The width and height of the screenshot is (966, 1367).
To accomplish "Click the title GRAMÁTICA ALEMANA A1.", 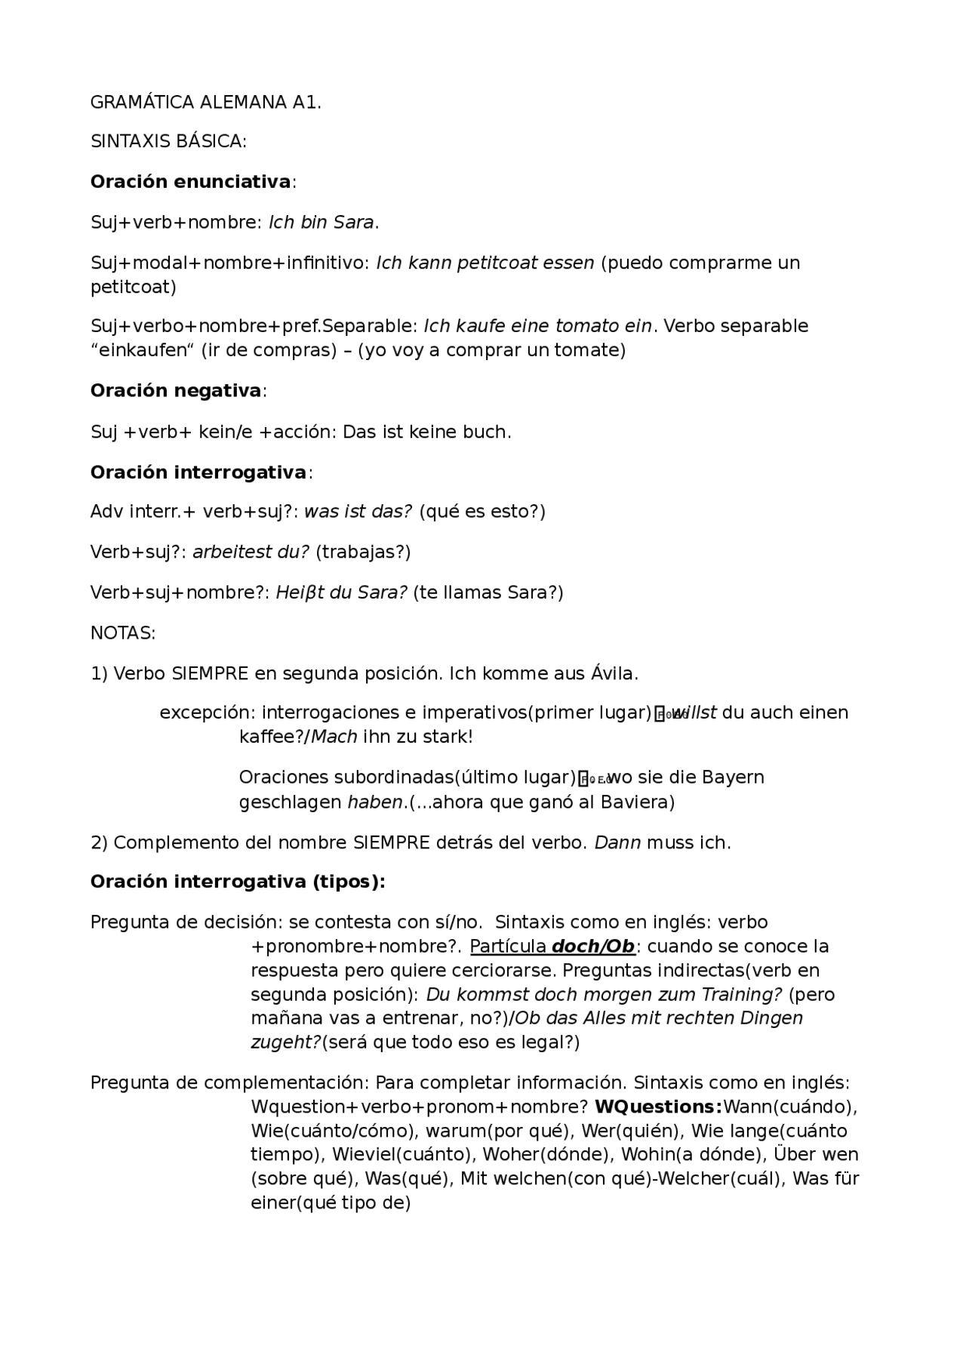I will click(x=205, y=103).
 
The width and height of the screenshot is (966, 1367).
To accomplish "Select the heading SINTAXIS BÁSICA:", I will click(x=168, y=142).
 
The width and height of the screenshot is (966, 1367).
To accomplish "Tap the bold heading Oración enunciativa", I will click(x=190, y=182).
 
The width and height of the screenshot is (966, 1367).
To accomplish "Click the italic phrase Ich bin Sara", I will click(x=322, y=223).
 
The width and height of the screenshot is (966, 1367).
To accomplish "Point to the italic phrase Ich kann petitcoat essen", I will click(x=485, y=263).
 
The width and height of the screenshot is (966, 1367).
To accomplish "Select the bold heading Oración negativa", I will click(x=176, y=391).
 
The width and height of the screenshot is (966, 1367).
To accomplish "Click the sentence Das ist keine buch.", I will click(x=426, y=432).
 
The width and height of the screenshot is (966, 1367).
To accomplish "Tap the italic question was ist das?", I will click(x=358, y=512).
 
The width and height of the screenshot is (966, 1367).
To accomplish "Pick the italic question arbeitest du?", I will click(x=251, y=552).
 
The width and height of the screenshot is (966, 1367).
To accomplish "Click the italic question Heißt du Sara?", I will click(x=342, y=593).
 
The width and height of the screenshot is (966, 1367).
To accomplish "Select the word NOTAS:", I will click(x=123, y=633).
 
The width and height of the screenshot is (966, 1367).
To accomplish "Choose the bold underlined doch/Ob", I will click(x=593, y=947).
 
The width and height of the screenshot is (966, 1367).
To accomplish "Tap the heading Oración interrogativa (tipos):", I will click(x=238, y=882).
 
